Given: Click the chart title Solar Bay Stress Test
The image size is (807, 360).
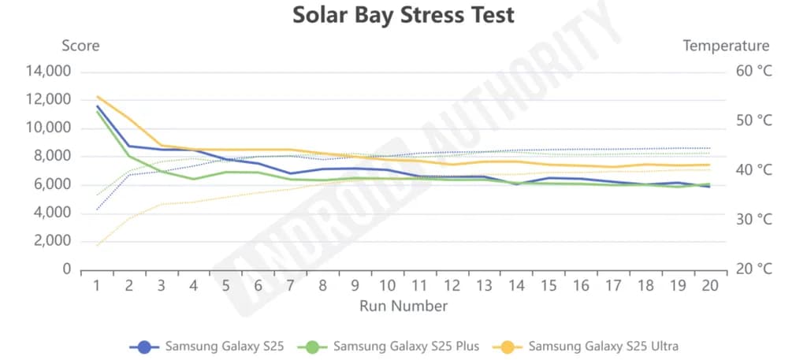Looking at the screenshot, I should tap(403, 15).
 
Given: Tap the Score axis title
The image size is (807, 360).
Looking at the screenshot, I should tap(80, 46).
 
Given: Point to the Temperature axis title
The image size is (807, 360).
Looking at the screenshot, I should tap(726, 46).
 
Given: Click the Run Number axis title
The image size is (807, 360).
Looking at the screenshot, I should tap(403, 306).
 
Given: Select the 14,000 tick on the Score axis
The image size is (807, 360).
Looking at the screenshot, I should tap(49, 72).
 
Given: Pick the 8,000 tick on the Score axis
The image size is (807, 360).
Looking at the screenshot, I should tap(52, 156).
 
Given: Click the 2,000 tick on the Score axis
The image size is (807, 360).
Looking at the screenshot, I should tap(52, 241).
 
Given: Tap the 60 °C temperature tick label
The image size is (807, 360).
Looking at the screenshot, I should tap(753, 72).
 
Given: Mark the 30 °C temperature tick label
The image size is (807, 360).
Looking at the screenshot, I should tap(753, 220).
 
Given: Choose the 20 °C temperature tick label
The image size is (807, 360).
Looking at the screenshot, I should tap(753, 269).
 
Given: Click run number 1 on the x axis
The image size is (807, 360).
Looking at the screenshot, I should tap(97, 286).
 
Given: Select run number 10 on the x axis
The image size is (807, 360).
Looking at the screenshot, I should tap(387, 286).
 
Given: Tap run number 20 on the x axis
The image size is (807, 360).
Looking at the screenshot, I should tap(710, 286).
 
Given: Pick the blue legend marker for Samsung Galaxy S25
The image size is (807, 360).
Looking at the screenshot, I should tap(144, 346).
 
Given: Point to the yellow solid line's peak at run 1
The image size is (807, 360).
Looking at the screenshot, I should tap(97, 97).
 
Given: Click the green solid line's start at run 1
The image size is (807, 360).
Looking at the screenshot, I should tap(97, 111).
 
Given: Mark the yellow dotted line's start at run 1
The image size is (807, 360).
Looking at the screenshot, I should tap(97, 246).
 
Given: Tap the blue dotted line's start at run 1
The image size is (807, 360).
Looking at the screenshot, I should tap(97, 210).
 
